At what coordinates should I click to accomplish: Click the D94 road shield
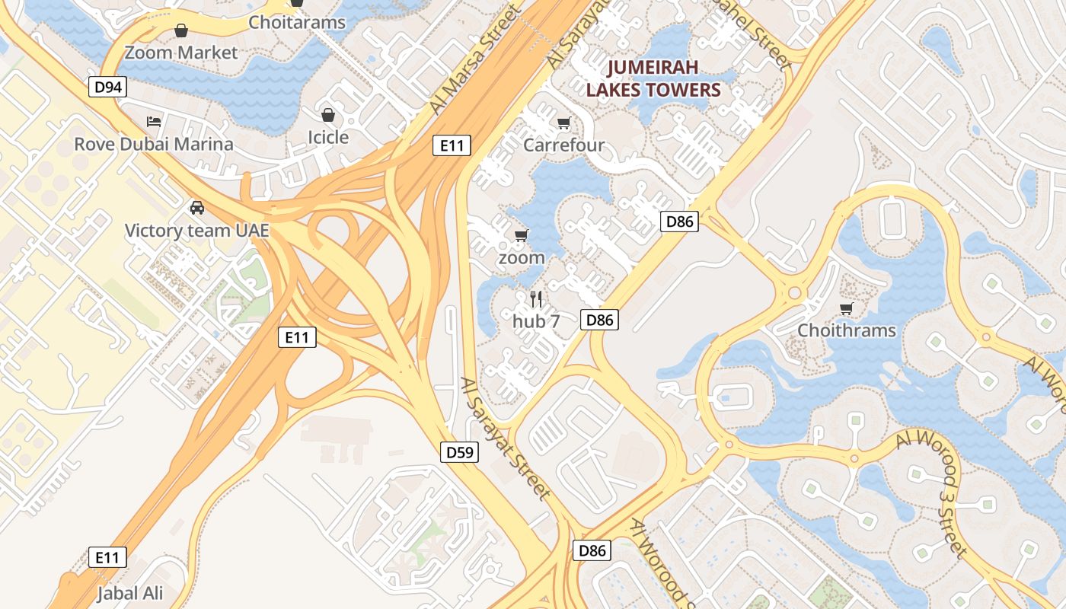(x=108, y=88)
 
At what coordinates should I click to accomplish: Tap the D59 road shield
(x=460, y=452)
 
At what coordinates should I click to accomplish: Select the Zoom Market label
(x=181, y=53)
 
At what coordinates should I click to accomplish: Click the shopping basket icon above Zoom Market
(x=181, y=30)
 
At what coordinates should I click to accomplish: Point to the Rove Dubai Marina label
(x=154, y=144)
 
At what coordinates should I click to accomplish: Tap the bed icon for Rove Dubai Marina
(x=154, y=122)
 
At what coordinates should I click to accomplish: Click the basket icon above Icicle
(x=328, y=115)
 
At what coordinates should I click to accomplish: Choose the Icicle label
(x=328, y=138)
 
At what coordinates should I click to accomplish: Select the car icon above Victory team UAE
(x=196, y=207)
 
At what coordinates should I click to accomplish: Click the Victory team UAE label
(x=196, y=230)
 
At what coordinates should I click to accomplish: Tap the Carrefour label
(x=564, y=145)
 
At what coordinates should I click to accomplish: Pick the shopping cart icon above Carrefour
(x=564, y=123)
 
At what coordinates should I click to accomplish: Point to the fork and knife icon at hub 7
(x=536, y=298)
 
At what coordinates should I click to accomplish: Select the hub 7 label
(x=536, y=321)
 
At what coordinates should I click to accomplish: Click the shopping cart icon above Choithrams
(x=846, y=308)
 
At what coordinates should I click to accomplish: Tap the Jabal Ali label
(x=130, y=593)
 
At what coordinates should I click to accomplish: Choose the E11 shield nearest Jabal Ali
(x=107, y=557)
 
